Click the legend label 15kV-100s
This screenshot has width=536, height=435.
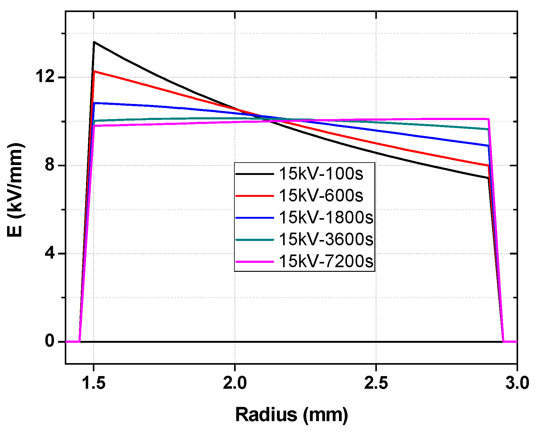[321, 174]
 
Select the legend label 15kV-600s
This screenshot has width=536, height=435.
[321, 196]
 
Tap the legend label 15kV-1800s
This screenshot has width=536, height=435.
[326, 217]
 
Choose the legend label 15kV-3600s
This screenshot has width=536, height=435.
[326, 239]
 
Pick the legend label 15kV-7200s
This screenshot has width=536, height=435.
[326, 261]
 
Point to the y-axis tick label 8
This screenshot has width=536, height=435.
[50, 165]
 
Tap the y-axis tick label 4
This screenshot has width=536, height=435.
[50, 254]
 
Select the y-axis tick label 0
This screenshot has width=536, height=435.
[50, 342]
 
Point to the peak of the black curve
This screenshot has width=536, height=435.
[94, 42]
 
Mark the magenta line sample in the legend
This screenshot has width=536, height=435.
[254, 262]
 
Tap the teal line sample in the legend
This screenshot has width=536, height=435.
[254, 240]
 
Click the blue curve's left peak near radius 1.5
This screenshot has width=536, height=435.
[94, 103]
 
